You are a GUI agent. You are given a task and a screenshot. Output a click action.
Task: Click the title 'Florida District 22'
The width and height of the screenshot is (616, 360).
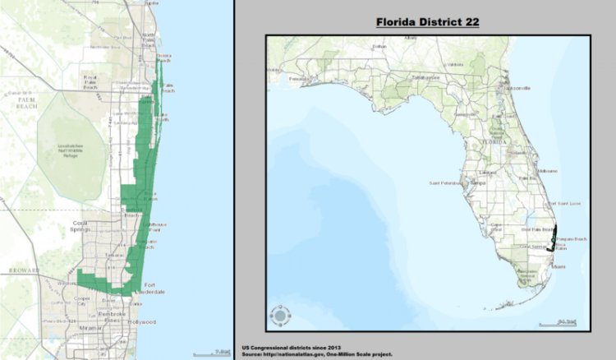click(x=427, y=21)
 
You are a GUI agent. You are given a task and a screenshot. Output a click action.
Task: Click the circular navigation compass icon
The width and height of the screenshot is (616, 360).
click(x=280, y=315)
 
